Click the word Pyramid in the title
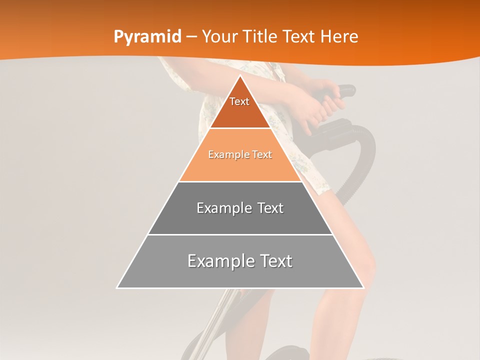[147, 37]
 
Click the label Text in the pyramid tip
[239, 101]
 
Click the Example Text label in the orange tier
[240, 154]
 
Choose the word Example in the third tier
[220, 208]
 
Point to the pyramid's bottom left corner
[117, 288]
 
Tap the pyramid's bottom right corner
[363, 288]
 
